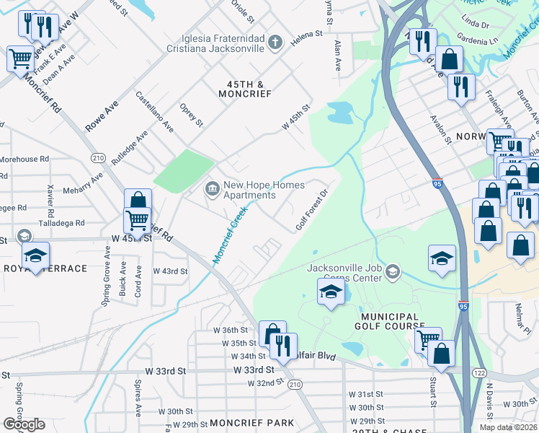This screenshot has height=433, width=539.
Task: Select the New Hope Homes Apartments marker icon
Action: [x=212, y=189]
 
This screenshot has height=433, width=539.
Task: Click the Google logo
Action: [x=24, y=424]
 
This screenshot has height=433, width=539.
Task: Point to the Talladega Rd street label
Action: [x=62, y=224]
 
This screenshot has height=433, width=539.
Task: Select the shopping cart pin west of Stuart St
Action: [x=428, y=338]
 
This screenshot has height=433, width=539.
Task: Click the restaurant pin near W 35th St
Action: [x=282, y=345]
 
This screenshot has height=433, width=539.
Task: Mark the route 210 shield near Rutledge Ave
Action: [x=98, y=158]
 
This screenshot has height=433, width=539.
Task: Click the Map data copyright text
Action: [x=508, y=427]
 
